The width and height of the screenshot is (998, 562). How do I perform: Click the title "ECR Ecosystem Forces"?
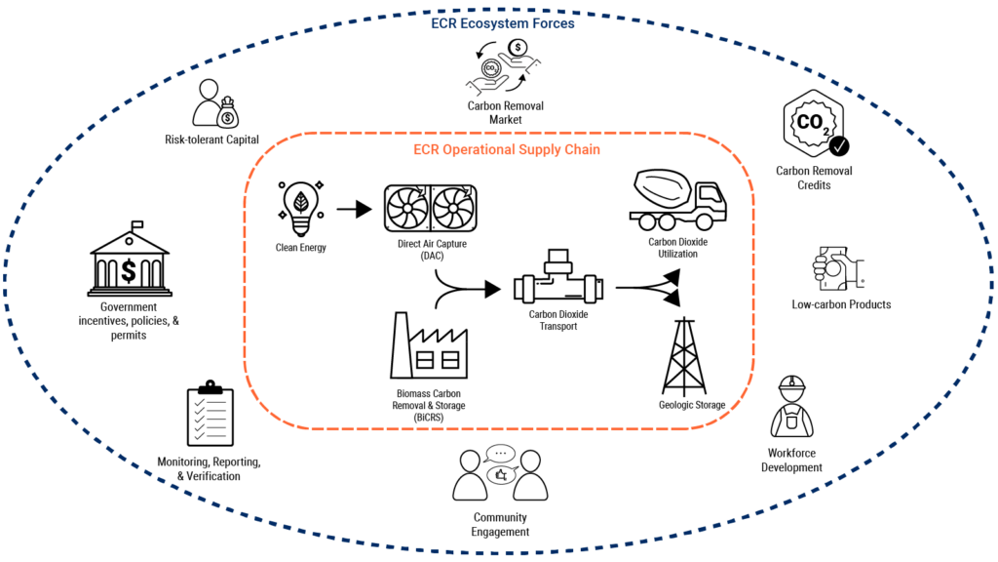[502, 22]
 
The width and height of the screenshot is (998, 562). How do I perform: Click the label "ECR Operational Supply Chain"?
[506, 150]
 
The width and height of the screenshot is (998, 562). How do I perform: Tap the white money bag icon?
[227, 113]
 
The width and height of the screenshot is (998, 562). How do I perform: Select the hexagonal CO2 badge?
[814, 124]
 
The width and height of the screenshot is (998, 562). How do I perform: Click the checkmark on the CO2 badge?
[837, 146]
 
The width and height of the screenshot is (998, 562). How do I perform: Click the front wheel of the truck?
[704, 222]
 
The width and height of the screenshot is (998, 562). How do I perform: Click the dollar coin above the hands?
[518, 47]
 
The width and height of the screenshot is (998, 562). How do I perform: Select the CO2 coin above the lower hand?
[492, 68]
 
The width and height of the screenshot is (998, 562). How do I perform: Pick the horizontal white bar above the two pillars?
[557, 267]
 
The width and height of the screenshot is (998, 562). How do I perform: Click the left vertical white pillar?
[528, 289]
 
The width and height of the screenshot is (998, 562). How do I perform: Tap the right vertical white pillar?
[590, 289]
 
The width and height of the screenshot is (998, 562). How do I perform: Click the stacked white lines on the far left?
[130, 291]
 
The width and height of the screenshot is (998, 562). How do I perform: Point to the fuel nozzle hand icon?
[839, 268]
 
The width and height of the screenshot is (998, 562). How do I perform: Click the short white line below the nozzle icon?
[791, 387]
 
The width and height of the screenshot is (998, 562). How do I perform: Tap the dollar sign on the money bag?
[227, 118]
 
